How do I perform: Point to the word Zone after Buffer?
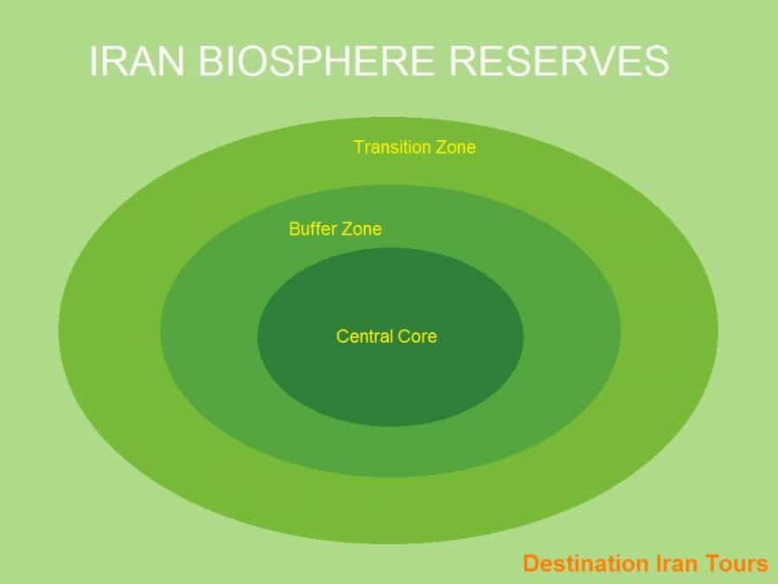click(362, 230)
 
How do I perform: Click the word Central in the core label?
click(362, 337)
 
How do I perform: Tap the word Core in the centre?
click(415, 337)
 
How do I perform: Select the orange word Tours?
click(735, 565)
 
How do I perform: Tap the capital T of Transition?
click(358, 147)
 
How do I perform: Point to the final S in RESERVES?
click(655, 62)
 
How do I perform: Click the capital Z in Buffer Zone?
click(348, 230)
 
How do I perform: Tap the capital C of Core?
click(399, 337)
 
